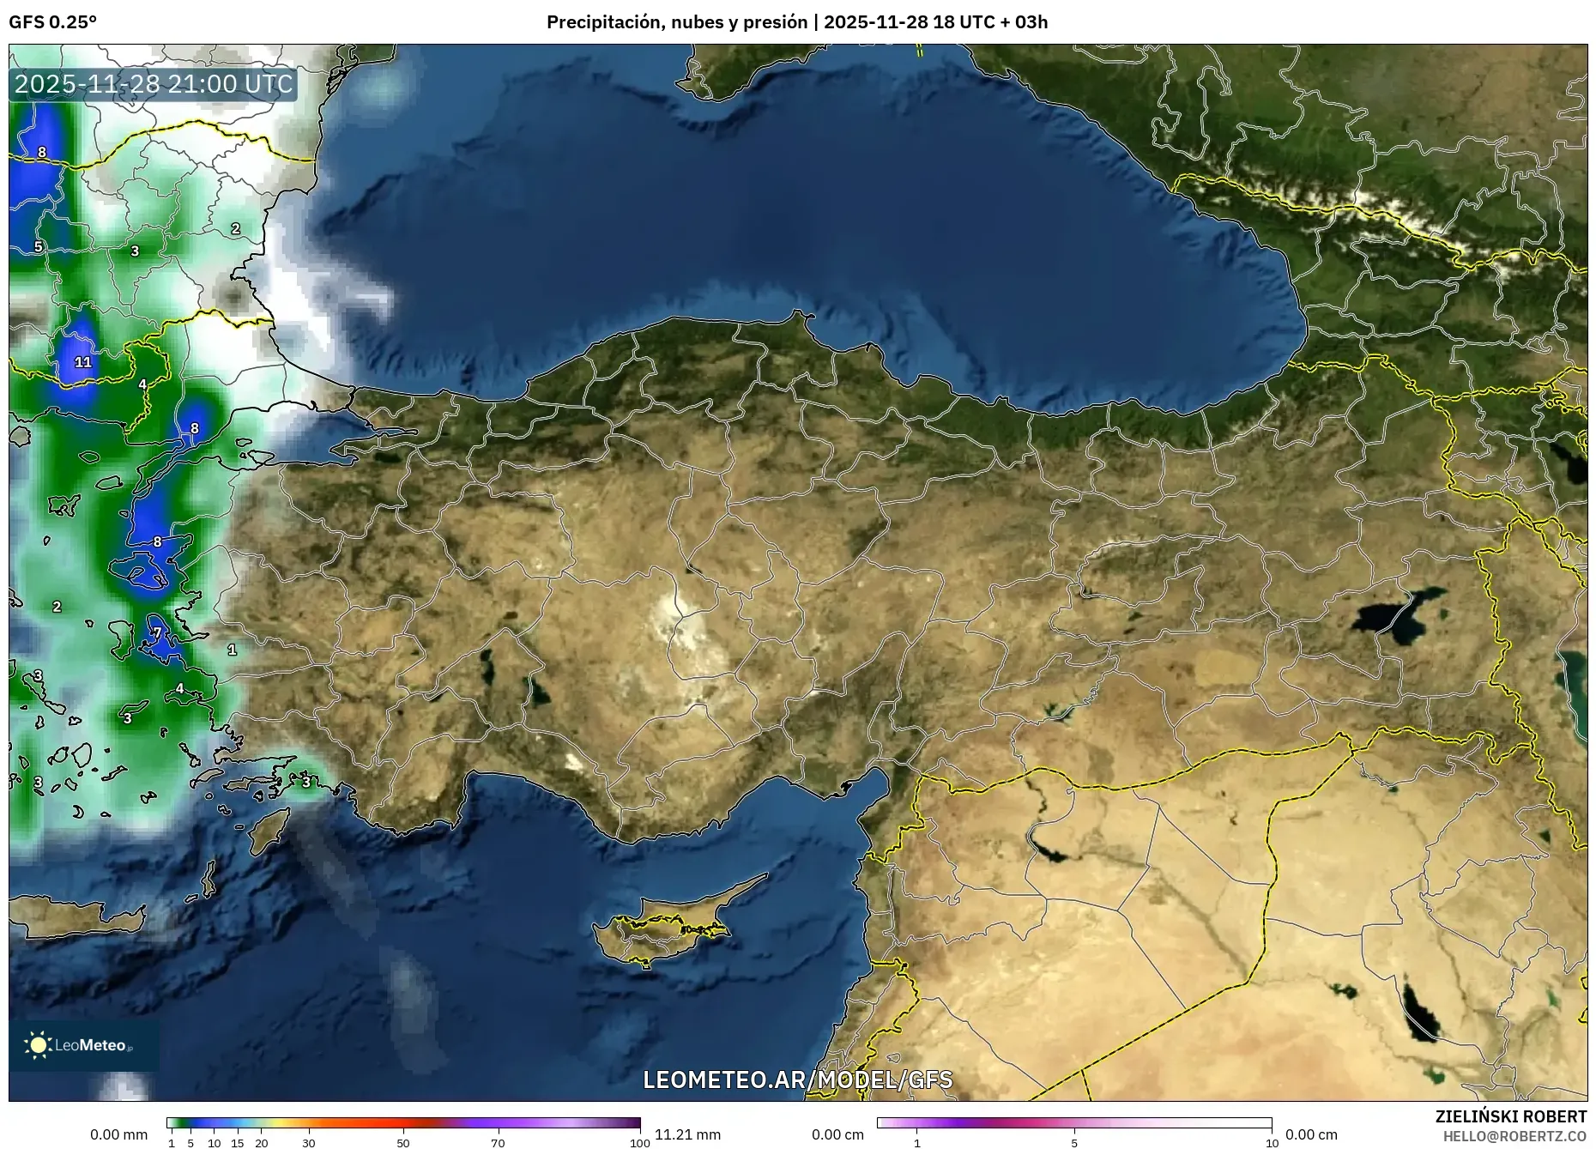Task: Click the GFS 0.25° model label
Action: point(52,22)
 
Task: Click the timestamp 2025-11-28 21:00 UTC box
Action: point(154,84)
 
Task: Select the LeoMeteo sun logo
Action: point(38,1044)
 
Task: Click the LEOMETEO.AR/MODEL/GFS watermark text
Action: point(797,1079)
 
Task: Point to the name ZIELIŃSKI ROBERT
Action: point(1510,1116)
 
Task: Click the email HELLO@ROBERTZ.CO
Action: point(1514,1135)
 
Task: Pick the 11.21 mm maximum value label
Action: point(687,1134)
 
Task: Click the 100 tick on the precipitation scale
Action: point(640,1143)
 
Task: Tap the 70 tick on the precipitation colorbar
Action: point(498,1143)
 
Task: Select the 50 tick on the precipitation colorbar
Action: point(403,1143)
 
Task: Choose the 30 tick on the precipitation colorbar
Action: point(309,1143)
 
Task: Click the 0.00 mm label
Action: point(119,1134)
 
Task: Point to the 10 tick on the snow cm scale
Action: point(1272,1143)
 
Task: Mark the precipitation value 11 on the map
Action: point(83,362)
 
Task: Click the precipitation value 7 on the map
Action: point(157,633)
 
